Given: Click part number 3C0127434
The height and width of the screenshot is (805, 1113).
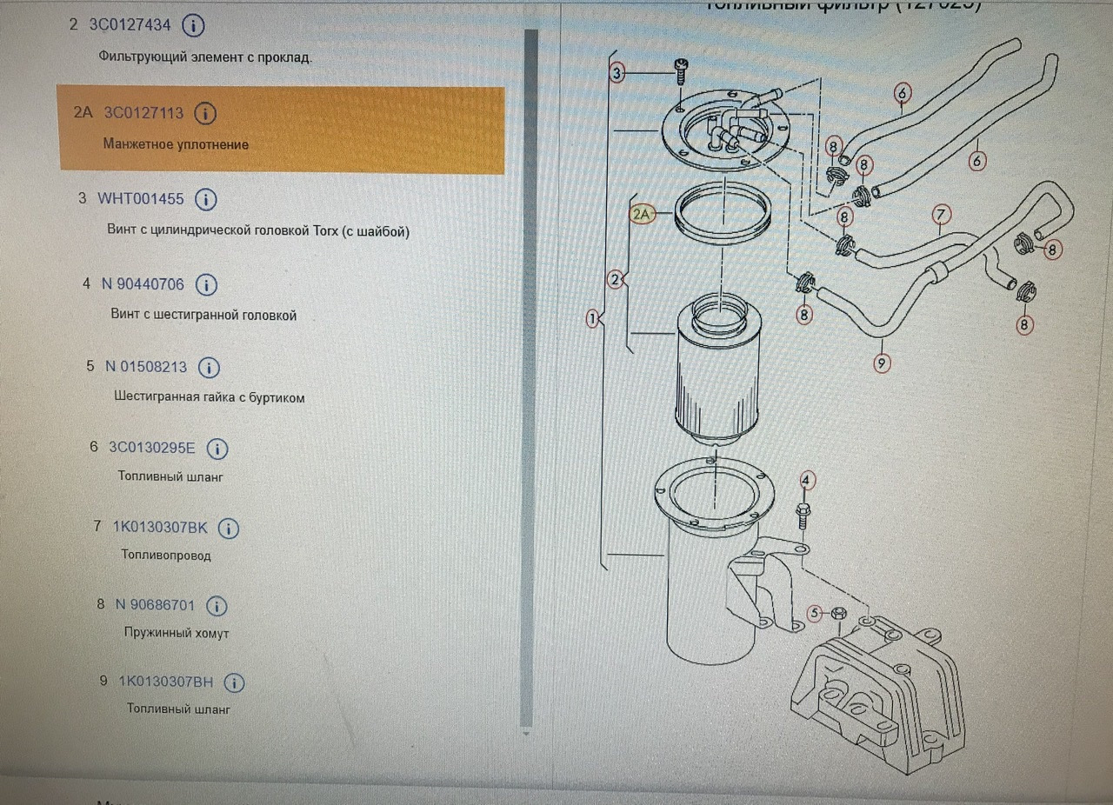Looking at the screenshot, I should click(130, 24).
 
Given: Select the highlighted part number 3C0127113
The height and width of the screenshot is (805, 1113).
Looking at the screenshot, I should click(144, 113).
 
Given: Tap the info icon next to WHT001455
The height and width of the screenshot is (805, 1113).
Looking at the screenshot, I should click(206, 199).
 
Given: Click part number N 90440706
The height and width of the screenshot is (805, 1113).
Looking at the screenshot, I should click(143, 283).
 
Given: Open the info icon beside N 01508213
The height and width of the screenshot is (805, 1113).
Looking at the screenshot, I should click(210, 368).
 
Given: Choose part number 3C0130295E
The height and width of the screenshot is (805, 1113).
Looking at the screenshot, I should click(152, 448).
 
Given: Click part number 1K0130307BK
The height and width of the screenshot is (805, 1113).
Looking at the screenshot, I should click(161, 527).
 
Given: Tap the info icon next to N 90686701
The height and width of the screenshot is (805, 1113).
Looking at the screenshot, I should click(217, 605).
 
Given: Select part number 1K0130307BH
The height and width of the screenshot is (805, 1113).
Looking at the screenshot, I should click(166, 682).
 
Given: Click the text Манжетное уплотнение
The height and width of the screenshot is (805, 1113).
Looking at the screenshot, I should click(176, 144).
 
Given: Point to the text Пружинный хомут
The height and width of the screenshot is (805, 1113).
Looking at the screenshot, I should click(177, 634).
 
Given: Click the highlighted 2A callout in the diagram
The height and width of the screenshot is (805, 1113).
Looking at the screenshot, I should click(643, 213).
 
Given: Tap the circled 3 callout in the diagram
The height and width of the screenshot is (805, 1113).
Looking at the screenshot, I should click(617, 74).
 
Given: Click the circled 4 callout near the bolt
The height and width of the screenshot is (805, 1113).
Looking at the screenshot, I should click(808, 480).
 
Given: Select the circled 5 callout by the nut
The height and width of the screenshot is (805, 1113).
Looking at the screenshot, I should click(815, 614).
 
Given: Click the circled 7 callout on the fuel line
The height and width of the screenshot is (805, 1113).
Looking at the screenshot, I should click(942, 214).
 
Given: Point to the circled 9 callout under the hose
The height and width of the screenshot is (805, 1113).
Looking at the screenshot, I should click(882, 363).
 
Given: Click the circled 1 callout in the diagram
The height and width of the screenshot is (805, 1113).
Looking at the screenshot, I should click(593, 319).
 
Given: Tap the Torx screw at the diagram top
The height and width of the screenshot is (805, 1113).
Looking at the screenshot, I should click(681, 70).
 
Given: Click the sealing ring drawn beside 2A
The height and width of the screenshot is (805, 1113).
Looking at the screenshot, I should click(723, 214).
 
